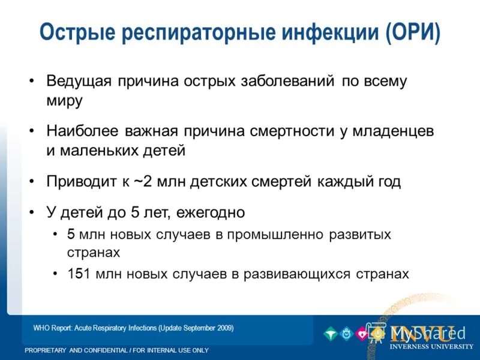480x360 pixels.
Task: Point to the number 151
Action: click(x=79, y=274)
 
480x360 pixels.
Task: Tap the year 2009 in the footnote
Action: click(x=223, y=328)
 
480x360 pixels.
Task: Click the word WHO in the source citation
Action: click(x=41, y=328)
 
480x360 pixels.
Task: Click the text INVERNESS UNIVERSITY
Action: click(x=431, y=346)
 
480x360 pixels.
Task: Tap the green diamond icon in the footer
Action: click(x=329, y=334)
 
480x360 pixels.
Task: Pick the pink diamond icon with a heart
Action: click(x=362, y=334)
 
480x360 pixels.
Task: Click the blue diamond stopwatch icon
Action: click(x=346, y=334)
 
